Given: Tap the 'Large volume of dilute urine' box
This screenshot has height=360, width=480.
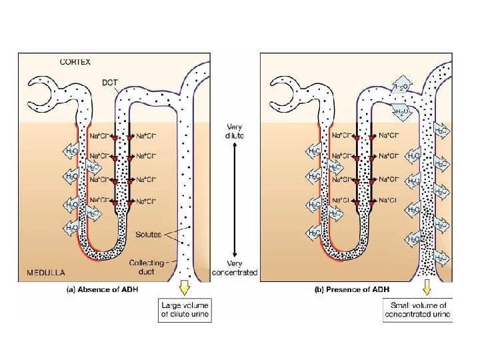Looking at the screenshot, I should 184,311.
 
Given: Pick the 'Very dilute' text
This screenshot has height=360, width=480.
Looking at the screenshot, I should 234,131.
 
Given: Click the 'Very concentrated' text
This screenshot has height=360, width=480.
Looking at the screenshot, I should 234,267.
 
